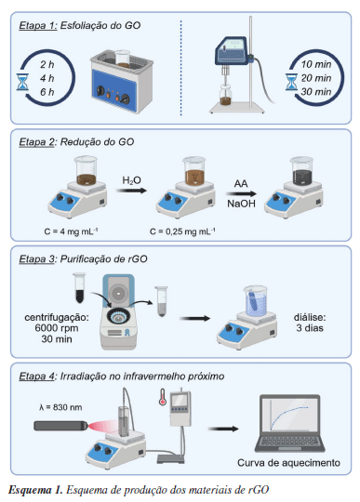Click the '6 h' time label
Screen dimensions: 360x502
point(47,92)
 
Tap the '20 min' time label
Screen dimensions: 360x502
point(315,78)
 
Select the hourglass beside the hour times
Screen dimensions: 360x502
point(22,82)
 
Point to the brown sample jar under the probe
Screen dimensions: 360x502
point(228,95)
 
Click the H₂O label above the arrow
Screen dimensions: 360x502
point(131,180)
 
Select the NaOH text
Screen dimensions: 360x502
point(241,204)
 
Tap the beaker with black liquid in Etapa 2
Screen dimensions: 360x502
point(301,171)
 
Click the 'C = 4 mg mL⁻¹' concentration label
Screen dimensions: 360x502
point(71,231)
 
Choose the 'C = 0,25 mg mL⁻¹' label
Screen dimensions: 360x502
point(182,231)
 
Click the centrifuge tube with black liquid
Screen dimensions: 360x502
point(79,288)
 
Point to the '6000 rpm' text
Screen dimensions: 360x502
point(57,328)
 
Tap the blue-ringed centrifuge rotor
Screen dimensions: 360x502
point(119,317)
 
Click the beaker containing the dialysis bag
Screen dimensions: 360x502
point(256,300)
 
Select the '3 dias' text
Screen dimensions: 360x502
point(310,328)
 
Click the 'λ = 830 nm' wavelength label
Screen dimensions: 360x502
point(60,407)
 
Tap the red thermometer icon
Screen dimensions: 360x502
point(163,397)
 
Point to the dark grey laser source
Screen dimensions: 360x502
point(60,426)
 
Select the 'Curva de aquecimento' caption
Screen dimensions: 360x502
point(288,463)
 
